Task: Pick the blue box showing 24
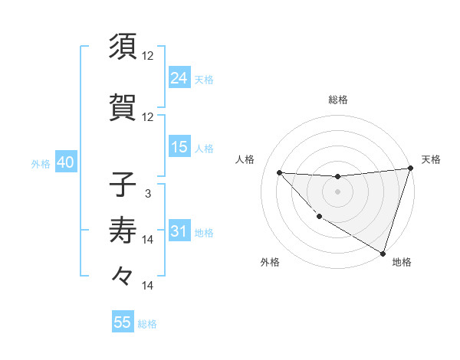(179, 77)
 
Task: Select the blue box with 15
(179, 147)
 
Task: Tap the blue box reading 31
(179, 231)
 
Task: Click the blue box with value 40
(64, 163)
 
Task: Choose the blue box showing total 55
(123, 322)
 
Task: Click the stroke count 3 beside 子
(148, 194)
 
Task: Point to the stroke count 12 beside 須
(148, 56)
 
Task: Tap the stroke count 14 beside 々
(148, 286)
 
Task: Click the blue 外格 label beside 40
(40, 164)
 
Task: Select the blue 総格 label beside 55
(147, 324)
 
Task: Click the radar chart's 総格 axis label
(337, 100)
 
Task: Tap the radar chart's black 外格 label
(270, 263)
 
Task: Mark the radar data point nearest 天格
(410, 169)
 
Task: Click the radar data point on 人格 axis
(279, 172)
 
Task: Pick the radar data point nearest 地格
(383, 253)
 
